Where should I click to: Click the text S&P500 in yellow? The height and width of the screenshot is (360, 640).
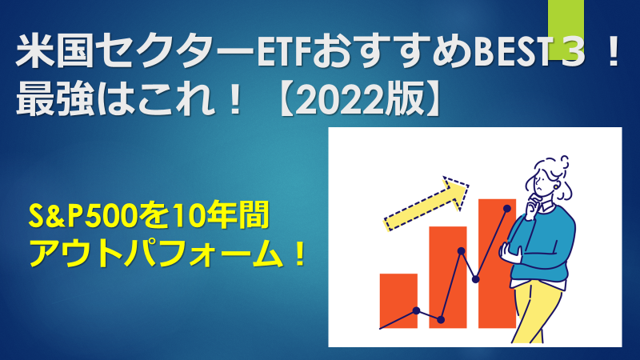tap(84, 215)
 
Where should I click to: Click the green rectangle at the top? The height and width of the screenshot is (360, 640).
tap(566, 30)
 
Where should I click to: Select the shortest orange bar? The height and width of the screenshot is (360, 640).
tap(398, 301)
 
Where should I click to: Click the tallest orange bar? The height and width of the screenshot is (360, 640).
tap(497, 264)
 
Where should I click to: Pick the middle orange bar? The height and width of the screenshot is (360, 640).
tap(448, 277)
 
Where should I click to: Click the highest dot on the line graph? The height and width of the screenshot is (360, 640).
tap(507, 209)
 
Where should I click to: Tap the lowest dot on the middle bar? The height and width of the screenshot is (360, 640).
tap(441, 320)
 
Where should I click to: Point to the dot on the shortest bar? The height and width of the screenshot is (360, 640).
tap(416, 310)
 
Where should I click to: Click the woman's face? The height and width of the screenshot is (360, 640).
tap(544, 183)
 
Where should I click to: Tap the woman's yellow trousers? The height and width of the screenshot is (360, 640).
tap(537, 312)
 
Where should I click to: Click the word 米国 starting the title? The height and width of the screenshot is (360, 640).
tap(54, 52)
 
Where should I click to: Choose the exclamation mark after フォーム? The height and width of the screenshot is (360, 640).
tap(299, 254)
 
